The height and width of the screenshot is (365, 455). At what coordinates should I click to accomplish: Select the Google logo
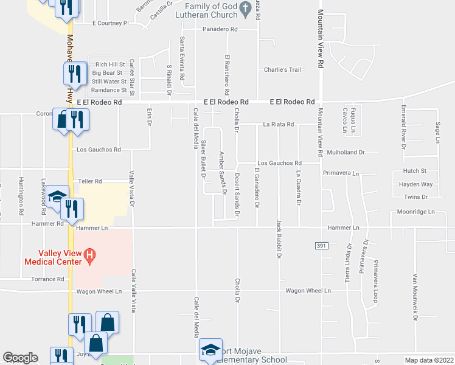pos(21,358)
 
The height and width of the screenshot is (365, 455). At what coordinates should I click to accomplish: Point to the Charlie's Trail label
pos(282,70)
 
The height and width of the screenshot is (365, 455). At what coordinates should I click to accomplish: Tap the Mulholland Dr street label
pos(345,152)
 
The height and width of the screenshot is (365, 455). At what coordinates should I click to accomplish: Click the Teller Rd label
pos(89,181)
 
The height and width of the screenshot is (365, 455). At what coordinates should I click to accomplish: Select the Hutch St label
pos(414,172)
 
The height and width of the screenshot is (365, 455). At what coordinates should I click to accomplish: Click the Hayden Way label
pos(415,184)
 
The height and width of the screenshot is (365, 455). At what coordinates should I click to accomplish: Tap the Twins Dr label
pos(416,197)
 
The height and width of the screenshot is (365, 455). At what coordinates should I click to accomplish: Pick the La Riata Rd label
pos(279,124)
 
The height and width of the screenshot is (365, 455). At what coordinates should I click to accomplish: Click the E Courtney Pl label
pos(111,23)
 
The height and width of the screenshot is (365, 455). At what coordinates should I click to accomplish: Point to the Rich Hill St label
pos(110,64)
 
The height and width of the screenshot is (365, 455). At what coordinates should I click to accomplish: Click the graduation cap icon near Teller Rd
pos(58,196)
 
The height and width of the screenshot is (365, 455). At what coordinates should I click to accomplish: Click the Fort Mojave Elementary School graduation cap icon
pos(211,349)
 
